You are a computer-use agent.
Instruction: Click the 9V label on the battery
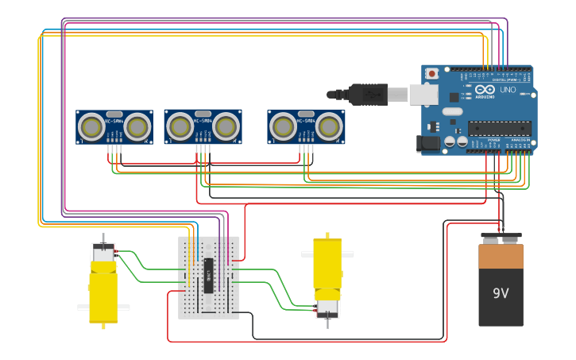pos(501,293)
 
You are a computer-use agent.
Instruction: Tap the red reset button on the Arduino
pos(431,74)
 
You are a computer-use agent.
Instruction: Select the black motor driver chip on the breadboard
pos(209,275)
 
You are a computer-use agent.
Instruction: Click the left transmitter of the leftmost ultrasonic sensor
pos(92,126)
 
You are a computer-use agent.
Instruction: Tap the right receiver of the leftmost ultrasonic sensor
pos(137,126)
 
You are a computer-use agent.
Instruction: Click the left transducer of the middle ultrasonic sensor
pos(180,126)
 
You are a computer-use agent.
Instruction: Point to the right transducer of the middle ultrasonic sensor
pos(226,126)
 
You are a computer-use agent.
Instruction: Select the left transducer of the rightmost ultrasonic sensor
pos(284,126)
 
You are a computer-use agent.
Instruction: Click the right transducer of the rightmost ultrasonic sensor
pos(329,126)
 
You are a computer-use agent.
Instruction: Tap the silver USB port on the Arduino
pos(423,95)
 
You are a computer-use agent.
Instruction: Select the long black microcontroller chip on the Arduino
pos(499,128)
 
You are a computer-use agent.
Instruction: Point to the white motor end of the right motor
pos(327,307)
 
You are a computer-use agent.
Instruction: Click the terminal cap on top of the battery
pos(501,238)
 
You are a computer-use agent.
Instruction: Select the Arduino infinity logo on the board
pos(485,90)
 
